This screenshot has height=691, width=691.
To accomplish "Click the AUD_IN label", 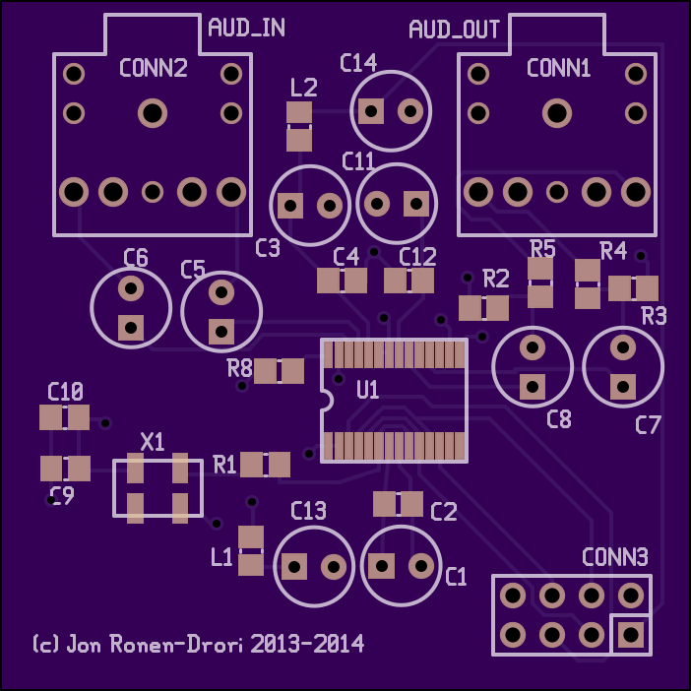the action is [246, 28].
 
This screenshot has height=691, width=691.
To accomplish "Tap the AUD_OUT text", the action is [454, 30].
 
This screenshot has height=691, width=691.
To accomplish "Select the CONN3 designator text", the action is [615, 557].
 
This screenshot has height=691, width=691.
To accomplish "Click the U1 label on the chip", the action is [367, 390].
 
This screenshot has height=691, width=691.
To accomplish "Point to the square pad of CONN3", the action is [631, 635].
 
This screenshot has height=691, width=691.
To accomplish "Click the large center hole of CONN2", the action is [153, 113].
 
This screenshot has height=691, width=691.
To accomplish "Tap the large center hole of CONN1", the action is [557, 113].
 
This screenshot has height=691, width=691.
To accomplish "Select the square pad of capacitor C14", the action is [371, 111].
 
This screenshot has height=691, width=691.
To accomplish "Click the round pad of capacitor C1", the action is [421, 565].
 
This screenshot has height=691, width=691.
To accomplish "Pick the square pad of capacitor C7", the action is [623, 387].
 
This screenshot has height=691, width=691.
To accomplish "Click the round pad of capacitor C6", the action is [131, 288].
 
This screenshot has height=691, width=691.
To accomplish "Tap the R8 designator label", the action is [239, 368].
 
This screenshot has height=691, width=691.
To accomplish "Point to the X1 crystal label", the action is [153, 442].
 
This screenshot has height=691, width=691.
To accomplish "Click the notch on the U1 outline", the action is [327, 401].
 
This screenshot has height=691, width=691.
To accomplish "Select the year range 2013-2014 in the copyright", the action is [307, 644].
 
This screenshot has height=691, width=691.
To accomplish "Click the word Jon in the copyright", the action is [84, 645].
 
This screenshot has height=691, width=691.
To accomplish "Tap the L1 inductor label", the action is [221, 557].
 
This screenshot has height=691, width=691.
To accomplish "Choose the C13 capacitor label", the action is [308, 511].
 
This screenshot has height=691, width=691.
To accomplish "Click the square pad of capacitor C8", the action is [533, 387].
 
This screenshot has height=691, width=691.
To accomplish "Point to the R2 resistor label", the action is [496, 279].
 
